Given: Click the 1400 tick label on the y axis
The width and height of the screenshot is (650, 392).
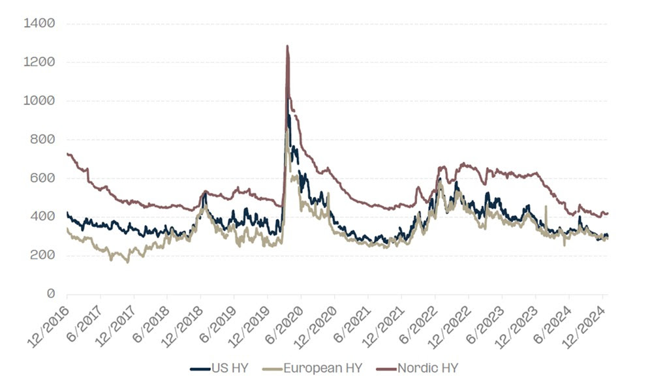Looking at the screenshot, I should pyautogui.click(x=39, y=23).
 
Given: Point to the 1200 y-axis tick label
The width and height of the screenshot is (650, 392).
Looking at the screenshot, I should pyautogui.click(x=39, y=62).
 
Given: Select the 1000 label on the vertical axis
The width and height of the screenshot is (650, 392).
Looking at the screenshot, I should pyautogui.click(x=39, y=100).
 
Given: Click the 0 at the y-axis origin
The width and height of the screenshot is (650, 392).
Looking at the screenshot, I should pyautogui.click(x=50, y=294).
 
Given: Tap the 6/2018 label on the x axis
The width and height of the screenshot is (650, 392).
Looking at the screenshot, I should pyautogui.click(x=150, y=320).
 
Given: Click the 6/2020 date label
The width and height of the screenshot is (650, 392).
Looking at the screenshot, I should pyautogui.click(x=285, y=320).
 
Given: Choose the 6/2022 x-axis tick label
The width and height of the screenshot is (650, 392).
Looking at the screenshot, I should pyautogui.click(x=418, y=320).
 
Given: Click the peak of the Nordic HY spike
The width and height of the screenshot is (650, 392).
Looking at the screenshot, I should pyautogui.click(x=287, y=46).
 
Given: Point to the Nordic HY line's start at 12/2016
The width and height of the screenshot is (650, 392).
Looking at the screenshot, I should pyautogui.click(x=68, y=154).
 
